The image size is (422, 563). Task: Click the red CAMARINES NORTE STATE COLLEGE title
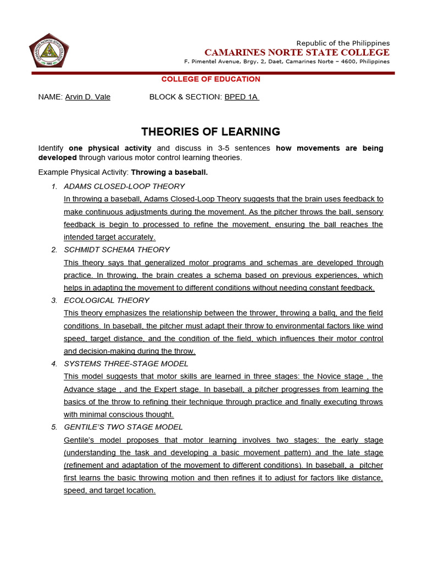[x=297, y=53]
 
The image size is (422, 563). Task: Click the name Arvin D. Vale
[x=87, y=97]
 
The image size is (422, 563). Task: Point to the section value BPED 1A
[x=241, y=97]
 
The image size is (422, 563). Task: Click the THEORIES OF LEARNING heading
[x=211, y=131]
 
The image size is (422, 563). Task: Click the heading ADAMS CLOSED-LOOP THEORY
[x=124, y=186]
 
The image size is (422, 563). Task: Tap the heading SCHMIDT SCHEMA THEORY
[x=116, y=250]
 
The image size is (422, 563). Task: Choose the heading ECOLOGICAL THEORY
[x=107, y=300]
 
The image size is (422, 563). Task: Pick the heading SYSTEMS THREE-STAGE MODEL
[x=126, y=363]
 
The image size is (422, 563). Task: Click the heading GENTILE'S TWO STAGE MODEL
[x=123, y=427]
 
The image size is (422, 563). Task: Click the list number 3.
[x=54, y=300]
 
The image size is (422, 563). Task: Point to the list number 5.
[x=54, y=427]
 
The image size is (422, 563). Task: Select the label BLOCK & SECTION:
[x=186, y=97]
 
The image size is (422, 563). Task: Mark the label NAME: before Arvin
[x=50, y=97]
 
